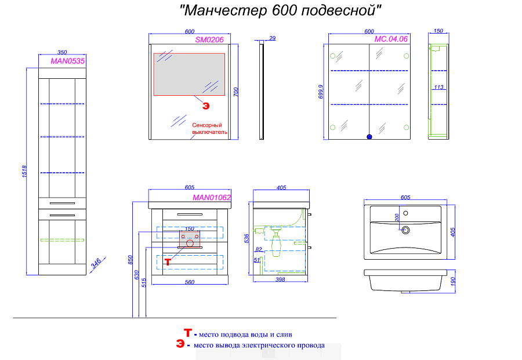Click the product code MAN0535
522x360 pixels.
pos(68,61)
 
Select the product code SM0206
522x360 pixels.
pos(209,39)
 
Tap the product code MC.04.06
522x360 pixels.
pos(391,39)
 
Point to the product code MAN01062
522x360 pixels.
pos(212,197)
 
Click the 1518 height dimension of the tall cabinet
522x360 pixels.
pos(24,172)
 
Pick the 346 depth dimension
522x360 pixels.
pos(96,263)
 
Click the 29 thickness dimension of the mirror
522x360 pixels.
pos(273,38)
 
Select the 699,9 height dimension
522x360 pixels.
pos(321,92)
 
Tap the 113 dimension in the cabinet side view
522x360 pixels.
pos(438,87)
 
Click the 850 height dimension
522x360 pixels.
pos(130,260)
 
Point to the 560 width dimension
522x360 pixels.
pos(190,282)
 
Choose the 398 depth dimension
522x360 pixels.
pos(280,279)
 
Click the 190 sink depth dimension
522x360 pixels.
pos(453,282)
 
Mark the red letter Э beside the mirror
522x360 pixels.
pos(206,106)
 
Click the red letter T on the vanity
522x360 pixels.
pos(168,262)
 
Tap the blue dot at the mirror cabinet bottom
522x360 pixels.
pos(369,137)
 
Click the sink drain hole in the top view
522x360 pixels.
pos(405,230)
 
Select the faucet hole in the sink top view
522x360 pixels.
pos(405,213)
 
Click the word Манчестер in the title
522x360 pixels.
pos(226,10)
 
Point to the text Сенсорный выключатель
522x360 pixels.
pos(209,129)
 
